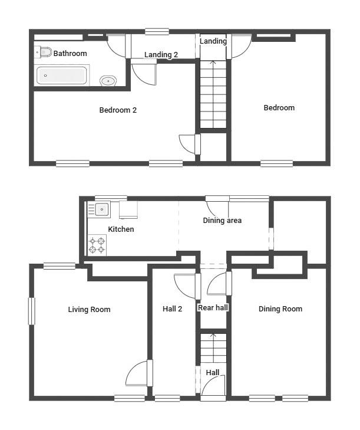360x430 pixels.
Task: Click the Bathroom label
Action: [x=70, y=54]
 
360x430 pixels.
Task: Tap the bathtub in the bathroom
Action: [x=62, y=76]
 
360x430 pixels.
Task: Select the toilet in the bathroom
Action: [x=44, y=52]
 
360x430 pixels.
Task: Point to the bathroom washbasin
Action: [x=108, y=81]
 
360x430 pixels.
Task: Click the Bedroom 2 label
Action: [x=118, y=110]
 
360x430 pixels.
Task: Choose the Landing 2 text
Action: [x=161, y=55]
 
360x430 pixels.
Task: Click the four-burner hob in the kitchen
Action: [x=97, y=245]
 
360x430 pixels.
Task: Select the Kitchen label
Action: [x=121, y=229]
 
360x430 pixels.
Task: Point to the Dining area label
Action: [x=222, y=221]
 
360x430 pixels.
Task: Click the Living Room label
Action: [x=89, y=309]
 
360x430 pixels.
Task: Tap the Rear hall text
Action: [x=213, y=307]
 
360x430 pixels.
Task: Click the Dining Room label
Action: [x=280, y=308]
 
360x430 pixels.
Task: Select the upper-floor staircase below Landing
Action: [x=213, y=94]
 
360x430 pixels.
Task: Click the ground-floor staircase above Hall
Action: [x=213, y=348]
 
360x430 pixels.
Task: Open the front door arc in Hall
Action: [x=213, y=388]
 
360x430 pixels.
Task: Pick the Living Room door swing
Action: [x=139, y=375]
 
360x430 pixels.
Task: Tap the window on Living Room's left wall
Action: [x=32, y=311]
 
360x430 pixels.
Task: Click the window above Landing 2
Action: [x=157, y=32]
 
